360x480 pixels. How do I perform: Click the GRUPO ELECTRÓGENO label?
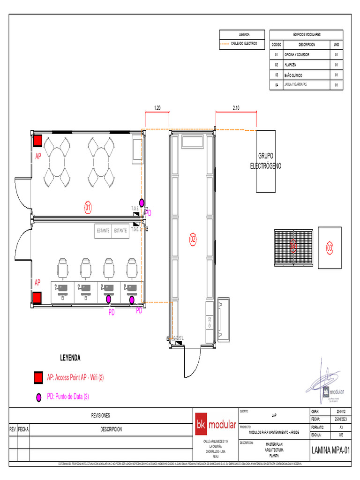coord(270,160)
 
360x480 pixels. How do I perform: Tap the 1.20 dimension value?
coord(157,108)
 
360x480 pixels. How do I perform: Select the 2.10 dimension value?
coord(236,108)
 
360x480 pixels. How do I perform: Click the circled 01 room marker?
coord(88,206)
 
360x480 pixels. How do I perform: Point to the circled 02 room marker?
coord(193,239)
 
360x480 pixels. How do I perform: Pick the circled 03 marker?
coord(330,248)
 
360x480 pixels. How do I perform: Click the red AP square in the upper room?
coord(37,141)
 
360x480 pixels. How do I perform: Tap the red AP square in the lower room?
coord(37,298)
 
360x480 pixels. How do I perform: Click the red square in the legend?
coord(38,377)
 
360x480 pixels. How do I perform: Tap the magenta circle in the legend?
coord(38,397)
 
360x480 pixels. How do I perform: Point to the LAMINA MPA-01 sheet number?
coord(331,450)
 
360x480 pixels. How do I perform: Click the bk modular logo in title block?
coord(216,425)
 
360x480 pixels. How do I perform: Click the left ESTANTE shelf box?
coord(103,231)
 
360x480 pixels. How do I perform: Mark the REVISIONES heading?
coord(100,415)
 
